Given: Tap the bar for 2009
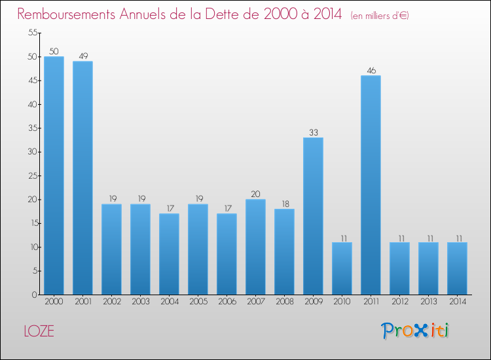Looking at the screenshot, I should point(313,216).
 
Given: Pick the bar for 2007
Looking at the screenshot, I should point(255,247).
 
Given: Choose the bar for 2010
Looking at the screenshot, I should point(342,268).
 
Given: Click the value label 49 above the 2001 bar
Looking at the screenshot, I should point(82,56).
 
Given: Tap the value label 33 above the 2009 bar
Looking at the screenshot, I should point(313,132).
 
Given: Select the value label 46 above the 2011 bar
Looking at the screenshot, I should point(371,70).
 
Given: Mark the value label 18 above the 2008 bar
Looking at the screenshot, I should point(284,204).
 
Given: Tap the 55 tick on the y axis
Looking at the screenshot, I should point(31,33).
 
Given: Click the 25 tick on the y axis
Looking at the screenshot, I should point(31,175).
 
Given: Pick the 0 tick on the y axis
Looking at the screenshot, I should point(34,295).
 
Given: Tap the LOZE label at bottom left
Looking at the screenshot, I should point(39,331).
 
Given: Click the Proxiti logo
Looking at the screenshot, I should point(415,331).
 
